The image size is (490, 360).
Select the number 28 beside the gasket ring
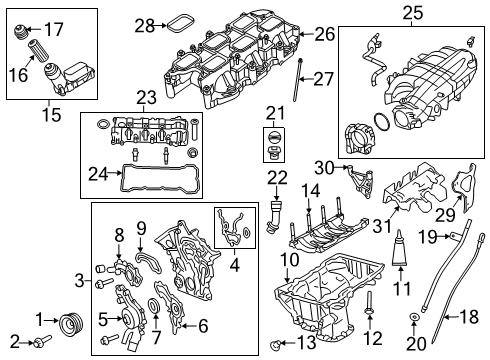[x=145, y=24]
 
